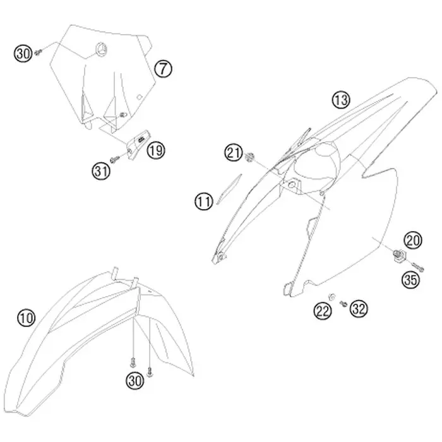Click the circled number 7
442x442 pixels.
[x=163, y=69]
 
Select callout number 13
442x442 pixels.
[x=341, y=100]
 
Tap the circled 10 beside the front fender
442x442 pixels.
[x=27, y=318]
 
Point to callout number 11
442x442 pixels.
[x=204, y=201]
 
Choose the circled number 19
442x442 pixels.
[x=155, y=150]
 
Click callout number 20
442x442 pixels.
[x=413, y=241]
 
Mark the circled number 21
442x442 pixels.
[x=234, y=153]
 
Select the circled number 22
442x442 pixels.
[x=323, y=311]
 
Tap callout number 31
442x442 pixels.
[x=101, y=171]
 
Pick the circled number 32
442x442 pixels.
[x=359, y=308]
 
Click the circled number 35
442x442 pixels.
[x=410, y=279]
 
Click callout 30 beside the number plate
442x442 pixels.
[x=23, y=53]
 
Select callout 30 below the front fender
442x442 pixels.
[x=135, y=381]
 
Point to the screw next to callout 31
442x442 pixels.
[x=115, y=159]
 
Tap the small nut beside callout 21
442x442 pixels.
[x=249, y=157]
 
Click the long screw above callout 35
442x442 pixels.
[x=417, y=266]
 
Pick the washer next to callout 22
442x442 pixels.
[x=332, y=296]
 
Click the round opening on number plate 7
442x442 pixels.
[x=101, y=50]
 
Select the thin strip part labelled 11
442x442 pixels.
[x=229, y=189]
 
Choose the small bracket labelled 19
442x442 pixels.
[x=137, y=144]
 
